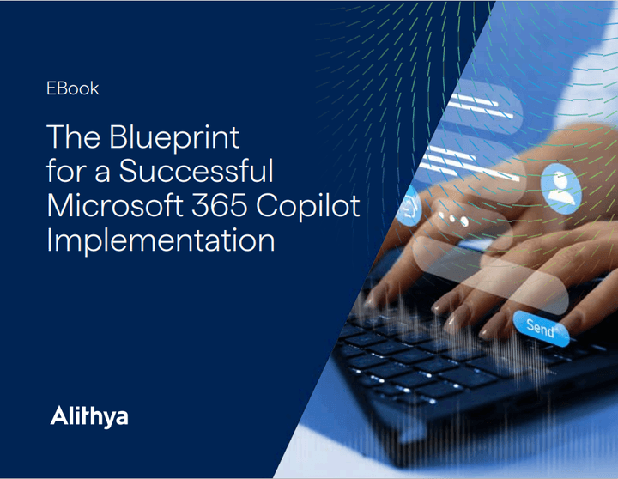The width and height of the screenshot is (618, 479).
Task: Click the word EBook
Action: point(73,88)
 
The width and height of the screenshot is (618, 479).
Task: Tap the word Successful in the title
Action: point(196,172)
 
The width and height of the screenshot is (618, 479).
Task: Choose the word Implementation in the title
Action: point(161,240)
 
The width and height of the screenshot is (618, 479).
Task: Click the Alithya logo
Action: point(89,418)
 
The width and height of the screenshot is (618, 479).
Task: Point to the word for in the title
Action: point(64,172)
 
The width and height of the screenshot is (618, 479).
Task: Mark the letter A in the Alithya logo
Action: point(58,418)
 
